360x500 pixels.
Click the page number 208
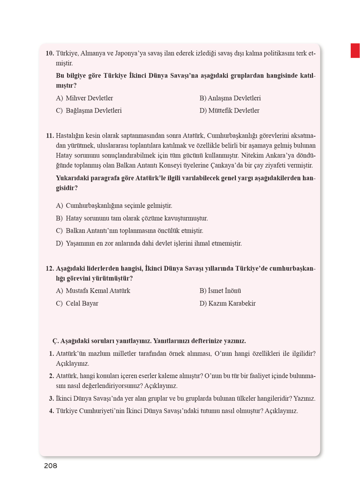(x=50, y=466)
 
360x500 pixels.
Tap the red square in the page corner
(x=355, y=51)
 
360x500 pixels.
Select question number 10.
(x=50, y=53)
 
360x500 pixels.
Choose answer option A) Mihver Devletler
(x=85, y=98)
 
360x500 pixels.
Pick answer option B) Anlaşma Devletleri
(x=230, y=98)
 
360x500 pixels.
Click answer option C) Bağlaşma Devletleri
(x=89, y=110)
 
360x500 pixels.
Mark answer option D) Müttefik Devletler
(x=229, y=110)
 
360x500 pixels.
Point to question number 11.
(x=50, y=136)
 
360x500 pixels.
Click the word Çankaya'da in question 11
(x=227, y=165)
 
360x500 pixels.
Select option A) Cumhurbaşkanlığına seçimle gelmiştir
(x=114, y=206)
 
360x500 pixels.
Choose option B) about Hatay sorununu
(x=132, y=218)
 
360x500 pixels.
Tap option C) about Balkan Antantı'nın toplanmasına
(x=129, y=231)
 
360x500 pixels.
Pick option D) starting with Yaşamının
(x=149, y=244)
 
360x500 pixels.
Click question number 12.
(x=50, y=269)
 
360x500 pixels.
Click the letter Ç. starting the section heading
(x=55, y=341)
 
